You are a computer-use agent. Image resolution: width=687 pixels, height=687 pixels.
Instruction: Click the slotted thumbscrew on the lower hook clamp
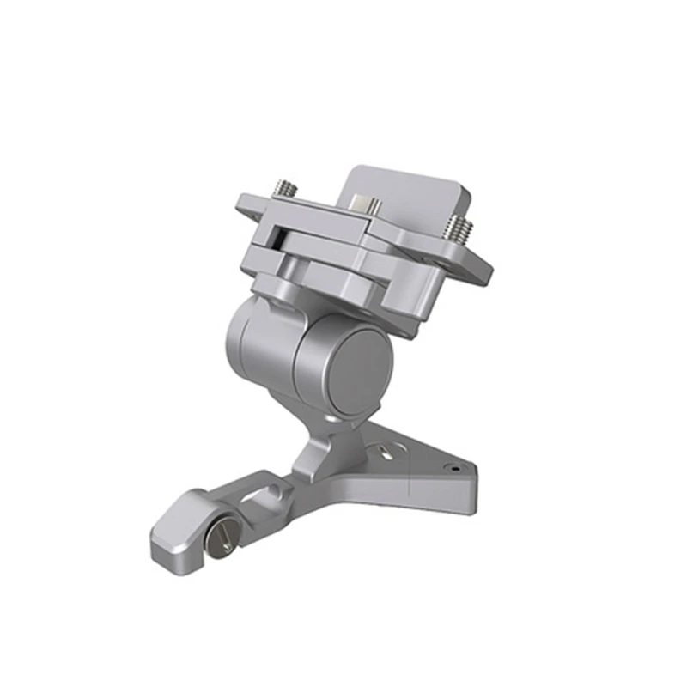(x=221, y=538)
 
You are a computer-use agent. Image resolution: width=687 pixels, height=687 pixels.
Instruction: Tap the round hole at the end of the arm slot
(x=273, y=489)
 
